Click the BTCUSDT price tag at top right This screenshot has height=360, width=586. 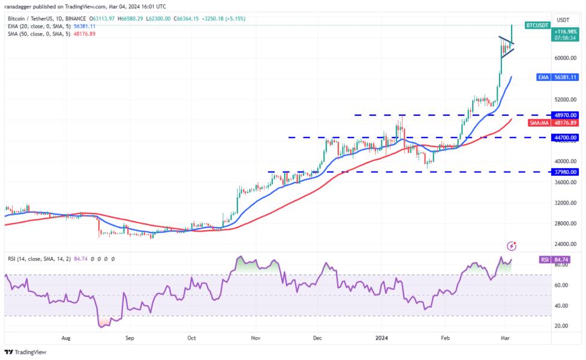pyautogui.click(x=537, y=26)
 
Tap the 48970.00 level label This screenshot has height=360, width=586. pyautogui.click(x=564, y=115)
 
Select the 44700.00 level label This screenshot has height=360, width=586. pyautogui.click(x=564, y=137)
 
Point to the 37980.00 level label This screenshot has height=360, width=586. pyautogui.click(x=564, y=172)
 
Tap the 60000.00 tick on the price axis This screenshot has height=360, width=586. pyautogui.click(x=564, y=58)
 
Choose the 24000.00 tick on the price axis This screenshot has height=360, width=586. pyautogui.click(x=564, y=244)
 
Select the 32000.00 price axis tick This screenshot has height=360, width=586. pyautogui.click(x=564, y=203)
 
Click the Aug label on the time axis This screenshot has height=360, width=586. pyautogui.click(x=66, y=338)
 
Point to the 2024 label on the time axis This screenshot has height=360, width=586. pyautogui.click(x=381, y=338)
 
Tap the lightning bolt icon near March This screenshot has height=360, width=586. pyautogui.click(x=512, y=246)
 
